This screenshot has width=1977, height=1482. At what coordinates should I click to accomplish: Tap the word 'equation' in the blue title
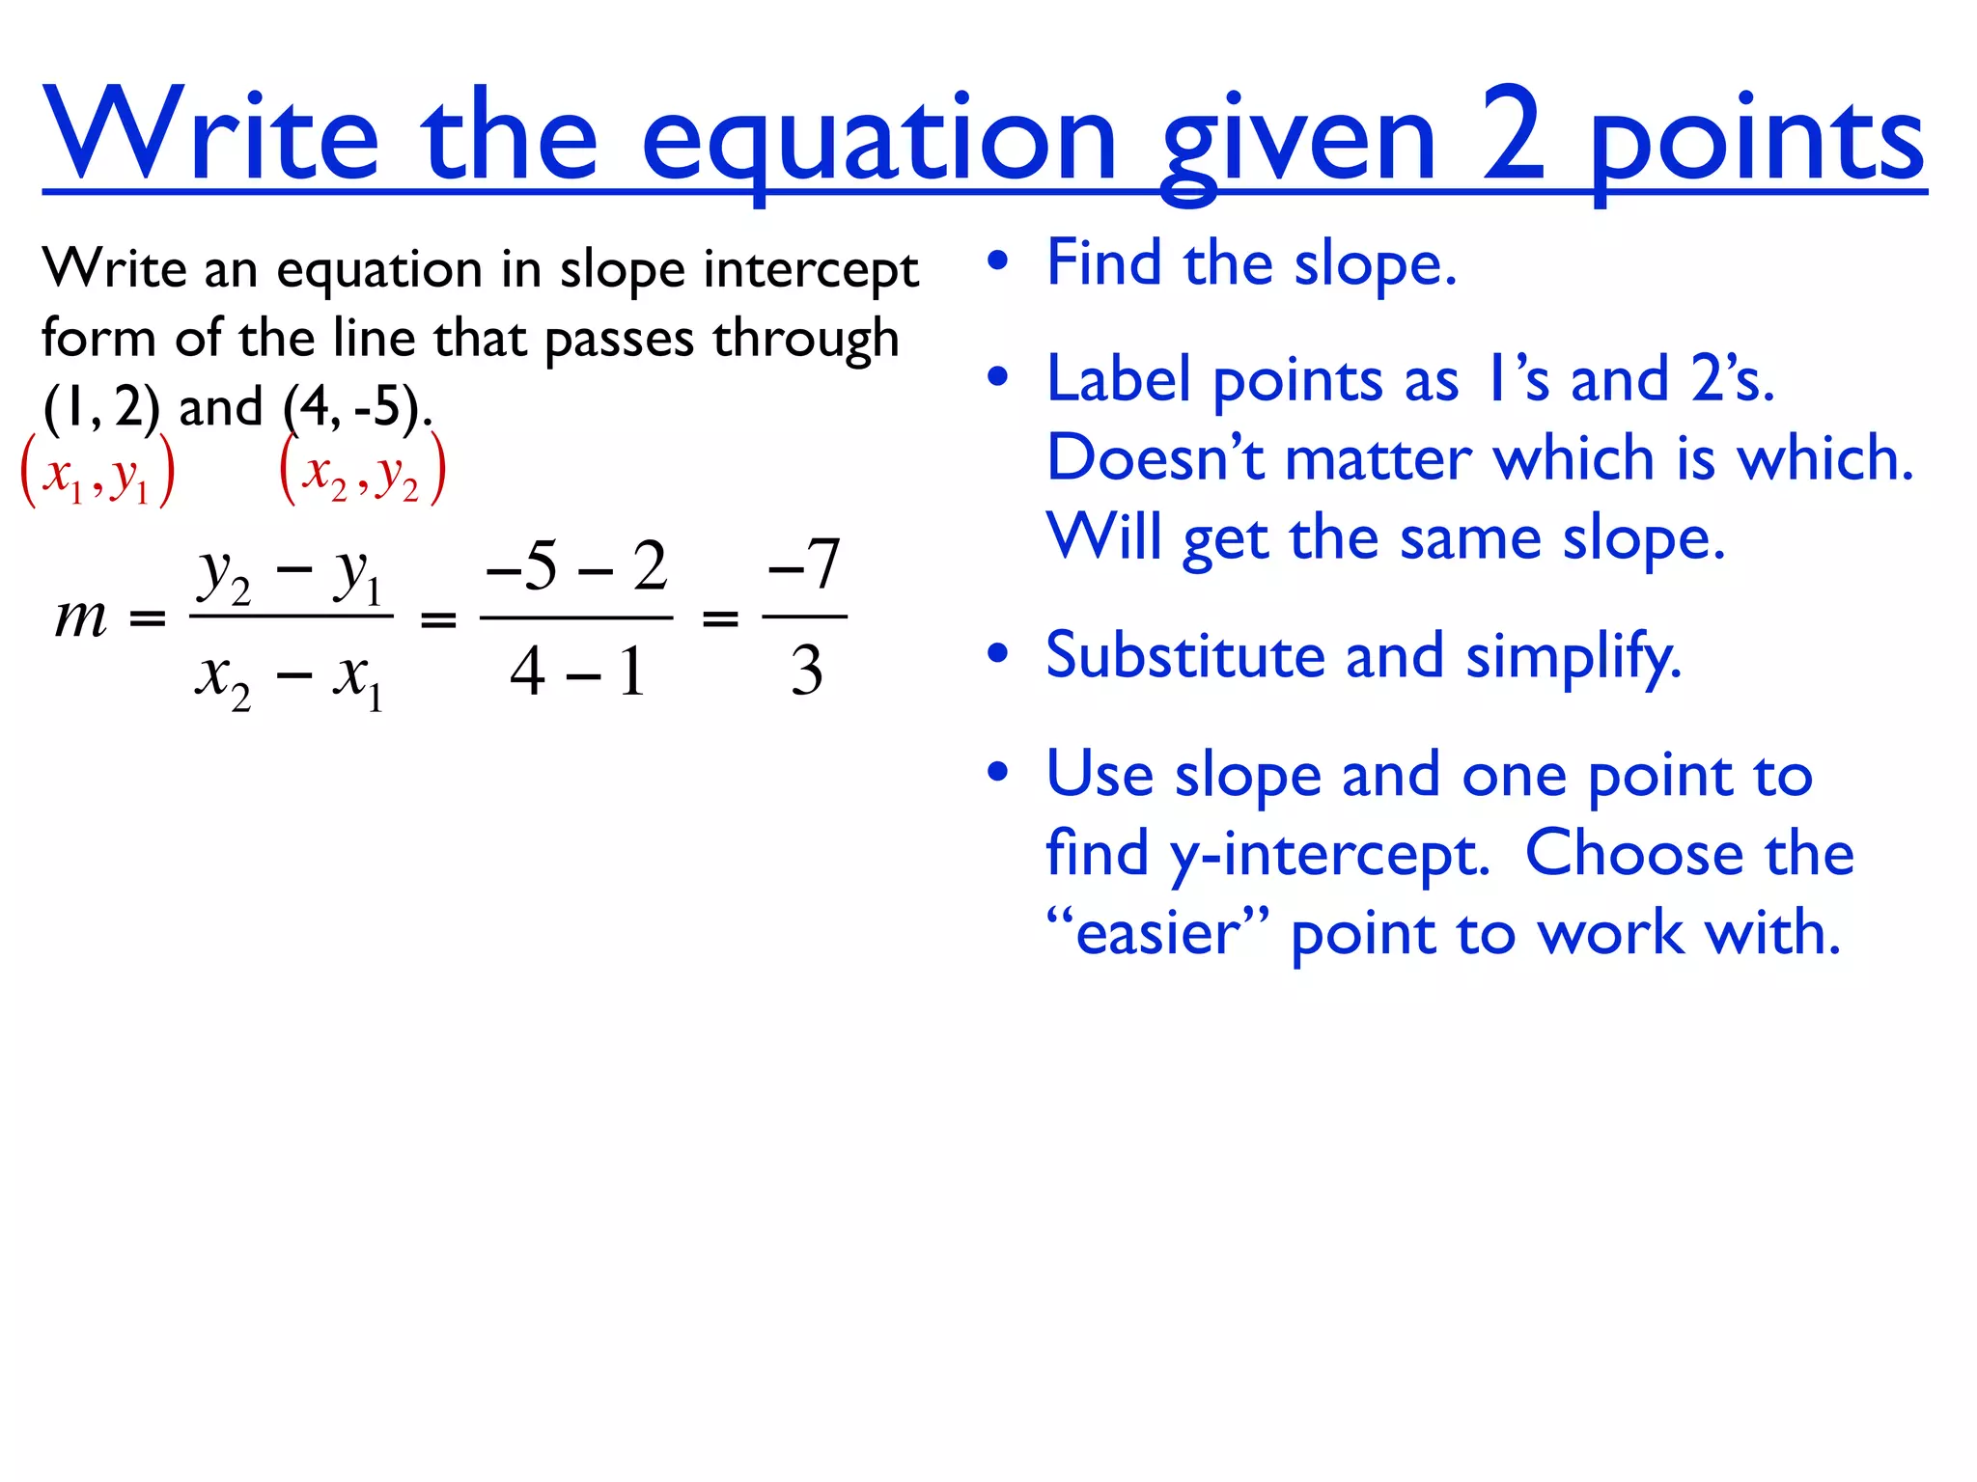click(878, 140)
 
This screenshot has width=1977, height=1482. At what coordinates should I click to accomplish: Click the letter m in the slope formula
click(81, 617)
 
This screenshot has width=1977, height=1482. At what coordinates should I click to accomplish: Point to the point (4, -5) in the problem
click(353, 406)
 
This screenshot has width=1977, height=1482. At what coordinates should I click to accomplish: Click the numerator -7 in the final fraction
click(804, 563)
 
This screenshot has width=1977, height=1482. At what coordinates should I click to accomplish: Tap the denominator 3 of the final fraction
click(806, 671)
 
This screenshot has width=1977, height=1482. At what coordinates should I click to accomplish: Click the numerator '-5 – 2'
click(576, 565)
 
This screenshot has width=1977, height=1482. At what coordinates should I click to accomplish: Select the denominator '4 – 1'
click(576, 671)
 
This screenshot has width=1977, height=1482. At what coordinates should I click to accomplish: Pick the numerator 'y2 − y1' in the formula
click(291, 577)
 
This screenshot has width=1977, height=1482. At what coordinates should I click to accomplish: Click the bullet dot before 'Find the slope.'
click(997, 261)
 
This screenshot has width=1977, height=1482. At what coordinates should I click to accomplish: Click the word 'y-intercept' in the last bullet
click(1329, 855)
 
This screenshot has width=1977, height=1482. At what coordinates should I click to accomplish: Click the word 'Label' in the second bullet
click(1119, 379)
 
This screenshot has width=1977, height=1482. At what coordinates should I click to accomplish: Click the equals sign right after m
click(148, 618)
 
